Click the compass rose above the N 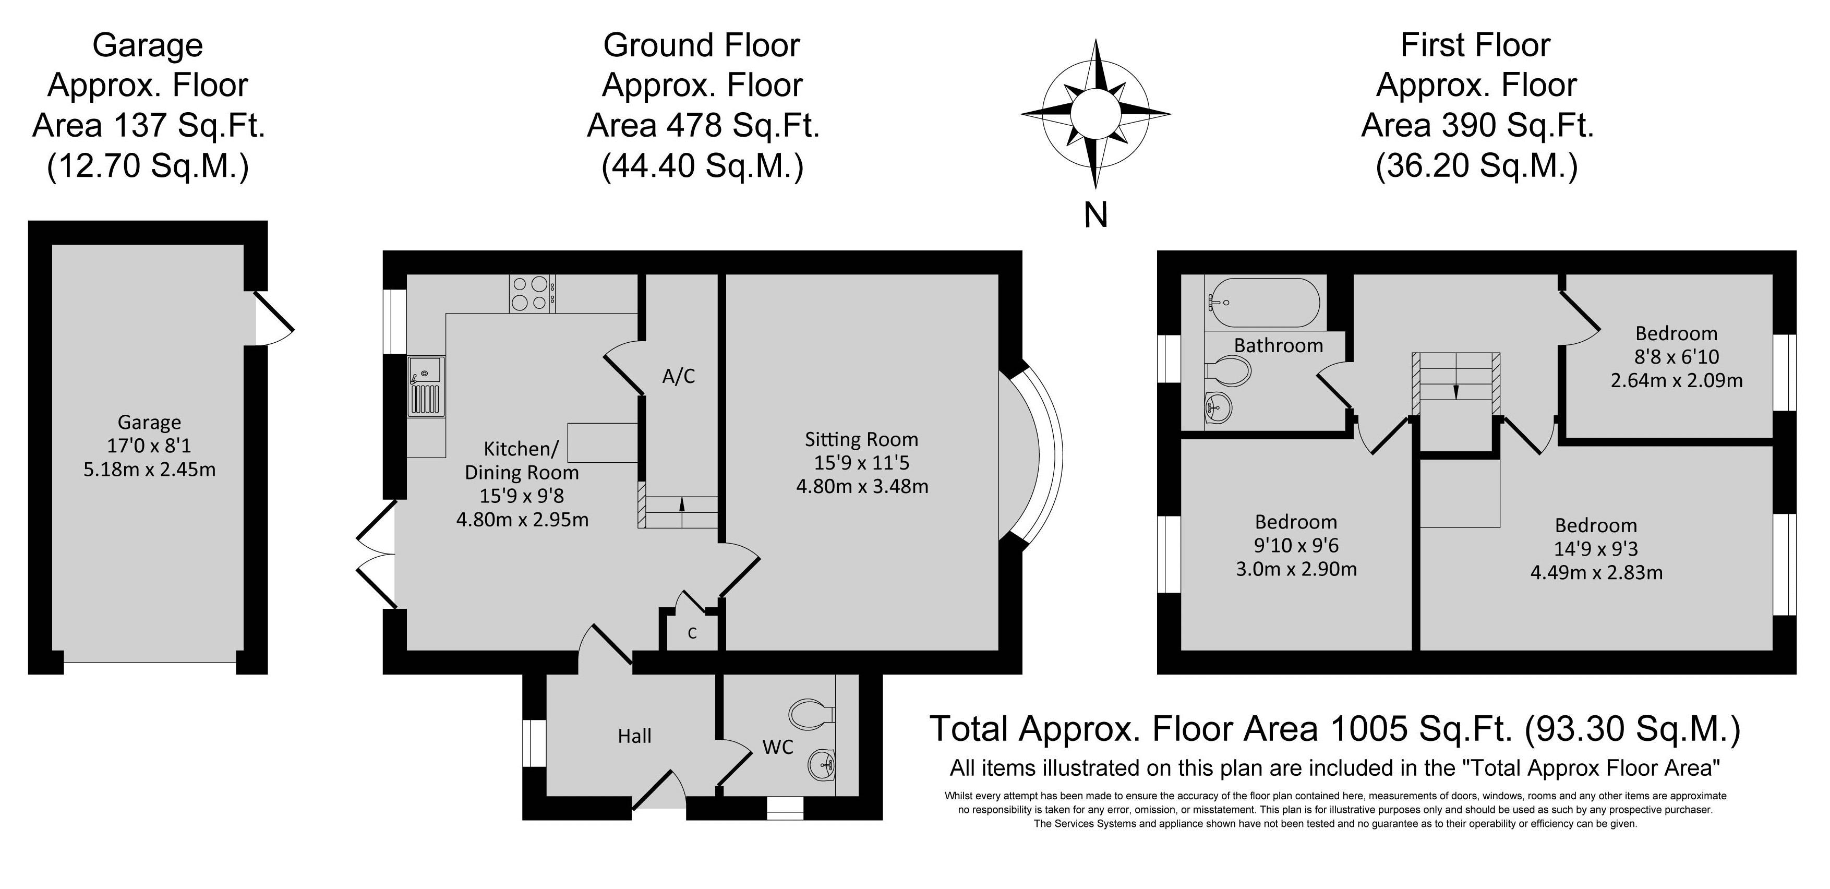click(1096, 114)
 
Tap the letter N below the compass click(1096, 214)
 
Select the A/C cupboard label click(679, 376)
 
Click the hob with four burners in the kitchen click(532, 294)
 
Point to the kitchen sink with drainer click(426, 387)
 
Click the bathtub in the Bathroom click(1265, 303)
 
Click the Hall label click(634, 736)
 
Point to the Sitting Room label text click(861, 439)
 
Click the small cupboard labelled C click(692, 632)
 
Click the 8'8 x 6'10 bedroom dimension click(1676, 357)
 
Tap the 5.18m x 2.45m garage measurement click(149, 470)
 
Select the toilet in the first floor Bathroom click(1229, 371)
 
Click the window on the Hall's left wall click(534, 744)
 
